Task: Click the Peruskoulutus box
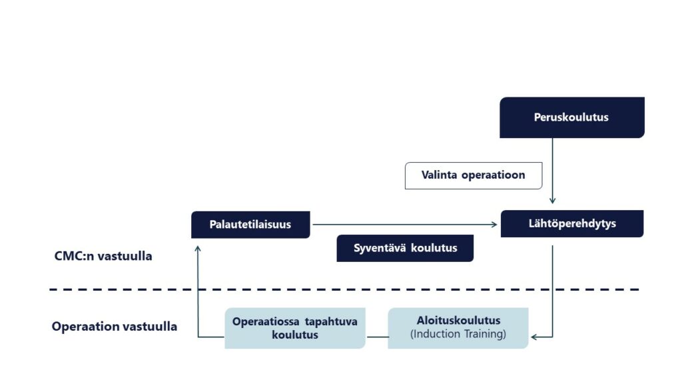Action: click(x=572, y=117)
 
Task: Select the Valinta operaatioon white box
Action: click(x=474, y=175)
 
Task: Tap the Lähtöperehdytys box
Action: click(x=572, y=224)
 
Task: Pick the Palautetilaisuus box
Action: click(x=250, y=225)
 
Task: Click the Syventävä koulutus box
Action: click(x=405, y=248)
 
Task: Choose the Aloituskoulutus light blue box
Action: click(x=458, y=328)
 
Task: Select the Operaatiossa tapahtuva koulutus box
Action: click(x=295, y=328)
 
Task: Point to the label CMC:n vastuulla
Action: click(x=103, y=256)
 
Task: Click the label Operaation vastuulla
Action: click(x=115, y=327)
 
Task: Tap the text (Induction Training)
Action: click(x=458, y=334)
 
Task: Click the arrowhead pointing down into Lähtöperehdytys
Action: click(x=552, y=201)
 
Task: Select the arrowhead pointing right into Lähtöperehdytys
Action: click(x=494, y=225)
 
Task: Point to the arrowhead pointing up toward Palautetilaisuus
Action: click(x=198, y=249)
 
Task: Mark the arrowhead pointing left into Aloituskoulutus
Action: click(x=534, y=337)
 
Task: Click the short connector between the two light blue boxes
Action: click(x=377, y=337)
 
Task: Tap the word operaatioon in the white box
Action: click(x=494, y=175)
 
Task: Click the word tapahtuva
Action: click(x=331, y=322)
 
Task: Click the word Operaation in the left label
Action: click(x=81, y=327)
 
